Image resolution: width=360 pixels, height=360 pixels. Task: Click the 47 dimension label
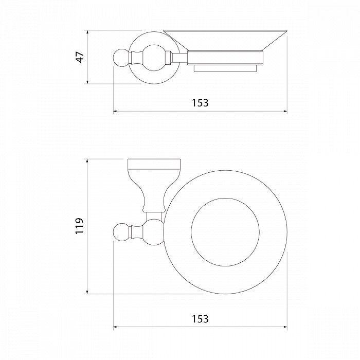coord(80,57)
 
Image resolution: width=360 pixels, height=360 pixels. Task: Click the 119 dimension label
coord(80,226)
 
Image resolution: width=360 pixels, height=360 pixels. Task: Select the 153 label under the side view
coord(200,103)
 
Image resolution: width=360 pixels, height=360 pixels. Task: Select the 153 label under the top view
coord(200,319)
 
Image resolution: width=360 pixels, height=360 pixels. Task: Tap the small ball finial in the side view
coord(121,58)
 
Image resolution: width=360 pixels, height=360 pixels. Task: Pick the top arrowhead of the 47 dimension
coord(87,32)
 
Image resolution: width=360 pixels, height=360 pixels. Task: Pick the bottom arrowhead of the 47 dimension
coord(87,81)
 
